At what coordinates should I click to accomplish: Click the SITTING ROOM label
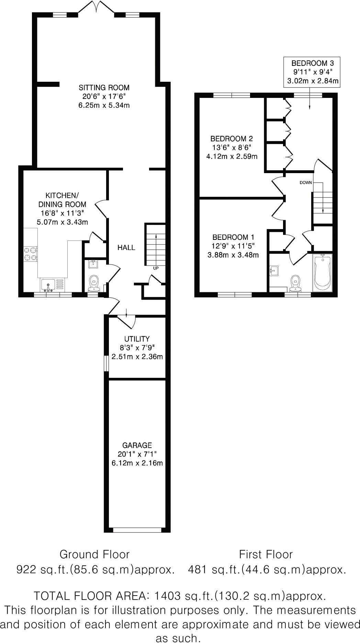coord(104,87)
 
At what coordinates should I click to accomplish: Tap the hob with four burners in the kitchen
coord(30,254)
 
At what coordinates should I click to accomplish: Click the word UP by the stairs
coord(156,268)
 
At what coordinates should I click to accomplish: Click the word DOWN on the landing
coord(306,182)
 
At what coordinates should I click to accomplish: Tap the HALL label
coord(126,247)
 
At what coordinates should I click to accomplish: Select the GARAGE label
coord(137,445)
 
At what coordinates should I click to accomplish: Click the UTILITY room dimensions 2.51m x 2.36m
coord(137,357)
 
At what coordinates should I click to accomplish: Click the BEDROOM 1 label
coord(233,237)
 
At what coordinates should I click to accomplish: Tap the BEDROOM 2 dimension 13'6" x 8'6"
coord(232,148)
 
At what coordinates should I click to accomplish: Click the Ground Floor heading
coord(94,554)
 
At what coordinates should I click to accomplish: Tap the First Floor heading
coord(266,554)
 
